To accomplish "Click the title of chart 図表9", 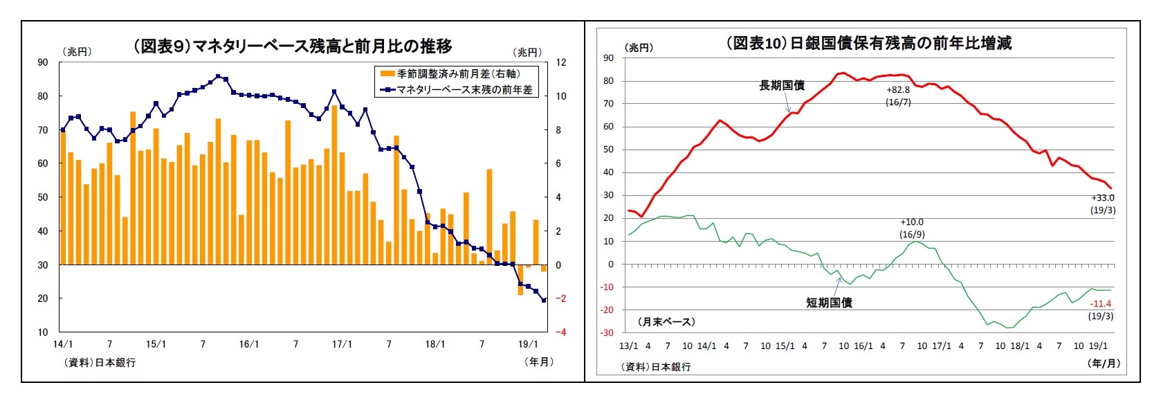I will pyautogui.click(x=292, y=46).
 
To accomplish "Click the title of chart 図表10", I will pyautogui.click(x=868, y=43).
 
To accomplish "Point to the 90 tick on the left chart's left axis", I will pyautogui.click(x=43, y=62).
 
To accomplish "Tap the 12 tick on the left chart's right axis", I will pyautogui.click(x=561, y=62).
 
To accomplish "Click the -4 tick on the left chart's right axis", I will pyautogui.click(x=561, y=332).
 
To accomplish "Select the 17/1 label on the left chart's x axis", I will pyautogui.click(x=342, y=344).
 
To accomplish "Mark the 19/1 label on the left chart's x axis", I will pyautogui.click(x=528, y=344).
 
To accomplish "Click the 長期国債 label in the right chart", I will pyautogui.click(x=782, y=85).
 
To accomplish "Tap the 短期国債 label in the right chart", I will pyautogui.click(x=829, y=303).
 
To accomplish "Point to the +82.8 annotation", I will pyautogui.click(x=898, y=90).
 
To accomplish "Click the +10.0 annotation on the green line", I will pyautogui.click(x=912, y=222).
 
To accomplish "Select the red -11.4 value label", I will pyautogui.click(x=1100, y=304).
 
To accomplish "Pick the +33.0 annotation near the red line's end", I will pyautogui.click(x=1103, y=198).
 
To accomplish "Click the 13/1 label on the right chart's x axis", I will pyautogui.click(x=628, y=346).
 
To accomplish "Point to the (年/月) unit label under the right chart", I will pyautogui.click(x=1104, y=363).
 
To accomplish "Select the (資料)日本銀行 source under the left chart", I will pyautogui.click(x=100, y=362).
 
